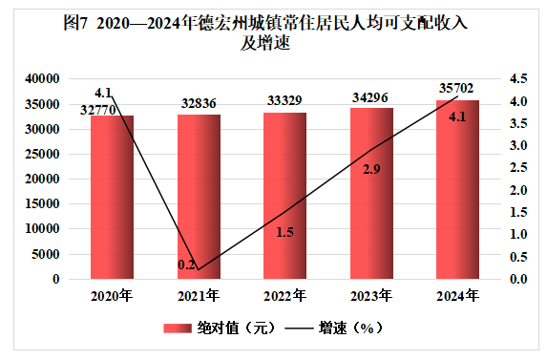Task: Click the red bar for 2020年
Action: pyautogui.click(x=112, y=197)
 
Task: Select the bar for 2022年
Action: pyautogui.click(x=284, y=196)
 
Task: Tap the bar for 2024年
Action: pyautogui.click(x=457, y=189)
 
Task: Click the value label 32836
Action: pyautogui.click(x=199, y=103)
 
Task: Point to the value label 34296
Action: pyautogui.click(x=369, y=97)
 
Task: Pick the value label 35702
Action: pyautogui.click(x=456, y=88)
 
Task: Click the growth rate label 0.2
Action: pyautogui.click(x=186, y=265)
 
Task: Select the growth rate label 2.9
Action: pyautogui.click(x=371, y=169)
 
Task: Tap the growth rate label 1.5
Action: pyautogui.click(x=284, y=232)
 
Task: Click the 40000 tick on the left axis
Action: pyautogui.click(x=42, y=79)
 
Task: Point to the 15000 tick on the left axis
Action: pyautogui.click(x=42, y=203)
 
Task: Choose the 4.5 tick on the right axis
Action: pyautogui.click(x=518, y=79)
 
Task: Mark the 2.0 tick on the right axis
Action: pyautogui.click(x=518, y=190)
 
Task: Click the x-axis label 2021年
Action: pyautogui.click(x=199, y=296)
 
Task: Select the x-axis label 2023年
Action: pyautogui.click(x=371, y=296)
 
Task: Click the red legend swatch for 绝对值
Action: pyautogui.click(x=178, y=328)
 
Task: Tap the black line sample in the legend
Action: pyautogui.click(x=299, y=328)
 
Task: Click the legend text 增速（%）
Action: pyautogui.click(x=350, y=328)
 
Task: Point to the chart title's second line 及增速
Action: pyautogui.click(x=265, y=44)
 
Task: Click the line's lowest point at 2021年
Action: pyautogui.click(x=199, y=269)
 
